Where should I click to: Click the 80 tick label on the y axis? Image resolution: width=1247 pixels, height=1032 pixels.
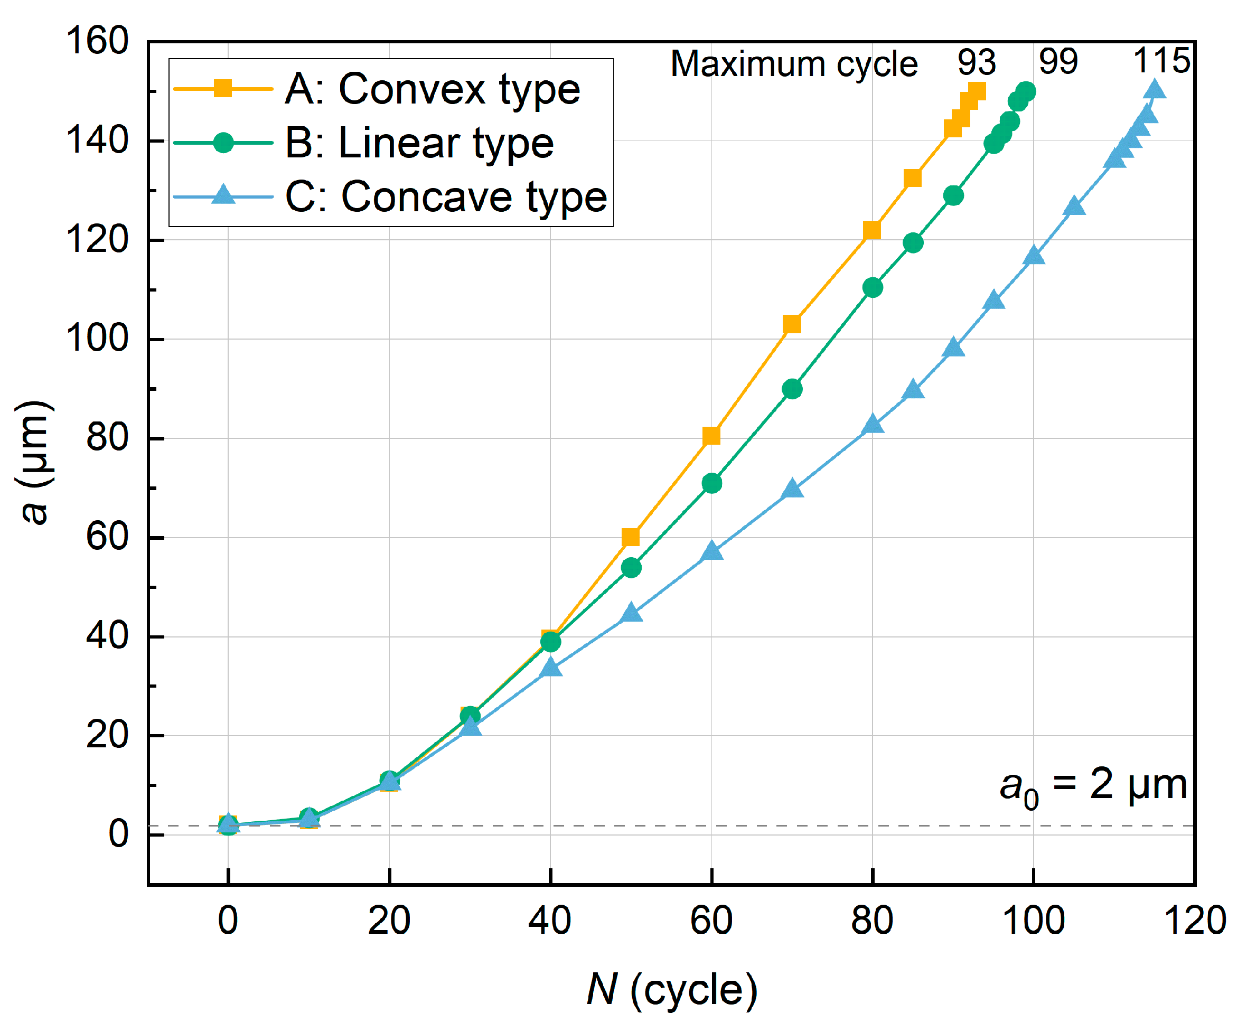107,438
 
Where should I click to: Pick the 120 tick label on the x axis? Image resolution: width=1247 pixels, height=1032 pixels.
1194,921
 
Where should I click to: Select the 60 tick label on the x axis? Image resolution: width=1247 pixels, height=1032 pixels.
711,921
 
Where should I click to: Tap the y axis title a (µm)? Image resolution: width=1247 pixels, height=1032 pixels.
34,463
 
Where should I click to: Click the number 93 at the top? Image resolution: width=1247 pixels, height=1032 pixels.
976,62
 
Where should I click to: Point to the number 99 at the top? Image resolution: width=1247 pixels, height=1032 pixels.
1058,61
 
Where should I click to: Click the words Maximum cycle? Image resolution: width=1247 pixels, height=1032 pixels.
794,63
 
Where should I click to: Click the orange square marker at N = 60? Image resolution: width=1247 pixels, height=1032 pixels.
711,436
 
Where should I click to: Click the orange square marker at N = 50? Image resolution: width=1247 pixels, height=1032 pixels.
631,537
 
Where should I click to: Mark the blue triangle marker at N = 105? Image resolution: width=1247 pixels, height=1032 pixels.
1074,207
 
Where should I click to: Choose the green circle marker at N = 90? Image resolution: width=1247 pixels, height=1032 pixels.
953,195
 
